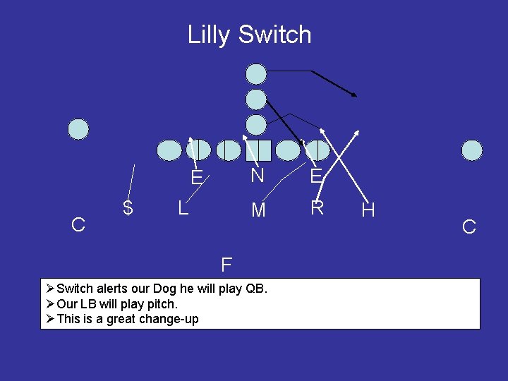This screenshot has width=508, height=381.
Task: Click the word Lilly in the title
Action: click(x=210, y=35)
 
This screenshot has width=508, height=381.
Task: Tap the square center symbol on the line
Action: click(x=259, y=150)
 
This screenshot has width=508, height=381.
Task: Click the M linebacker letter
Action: click(x=259, y=210)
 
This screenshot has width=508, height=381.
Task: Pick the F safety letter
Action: click(x=226, y=265)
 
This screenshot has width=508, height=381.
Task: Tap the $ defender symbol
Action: click(x=128, y=207)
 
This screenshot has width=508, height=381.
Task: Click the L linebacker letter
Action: click(x=182, y=208)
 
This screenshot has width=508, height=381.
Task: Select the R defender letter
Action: click(x=317, y=208)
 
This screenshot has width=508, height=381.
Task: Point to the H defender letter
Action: click(x=368, y=210)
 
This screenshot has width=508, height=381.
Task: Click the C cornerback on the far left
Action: click(x=79, y=225)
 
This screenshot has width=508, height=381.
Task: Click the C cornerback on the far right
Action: click(x=468, y=227)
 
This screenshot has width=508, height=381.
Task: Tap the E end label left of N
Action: click(x=197, y=176)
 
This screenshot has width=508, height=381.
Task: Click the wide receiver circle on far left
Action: click(x=78, y=129)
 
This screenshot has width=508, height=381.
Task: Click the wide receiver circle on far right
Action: click(x=472, y=150)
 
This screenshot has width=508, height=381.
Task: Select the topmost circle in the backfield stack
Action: click(x=256, y=73)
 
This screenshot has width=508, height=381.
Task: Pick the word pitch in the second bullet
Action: click(x=162, y=304)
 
